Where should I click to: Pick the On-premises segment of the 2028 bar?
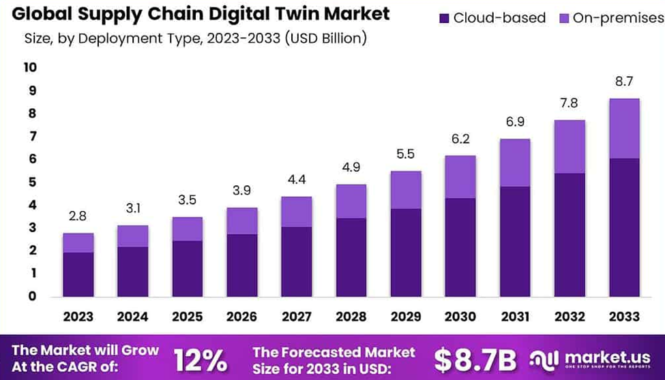click(x=352, y=201)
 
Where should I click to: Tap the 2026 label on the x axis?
click(x=242, y=317)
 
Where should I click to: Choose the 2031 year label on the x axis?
click(x=516, y=317)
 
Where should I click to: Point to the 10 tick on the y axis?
click(x=31, y=67)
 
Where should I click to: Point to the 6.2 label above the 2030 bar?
click(x=461, y=139)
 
